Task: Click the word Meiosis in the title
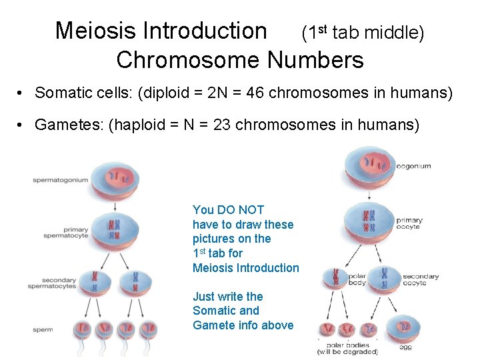point(94,31)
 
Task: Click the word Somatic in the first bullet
point(64,93)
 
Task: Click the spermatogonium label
point(61,180)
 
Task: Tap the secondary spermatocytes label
point(52,283)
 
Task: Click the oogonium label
point(413,166)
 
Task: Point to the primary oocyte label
point(409,223)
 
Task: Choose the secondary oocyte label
point(421,280)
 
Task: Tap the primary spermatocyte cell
point(115,230)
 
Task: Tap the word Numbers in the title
point(315,61)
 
